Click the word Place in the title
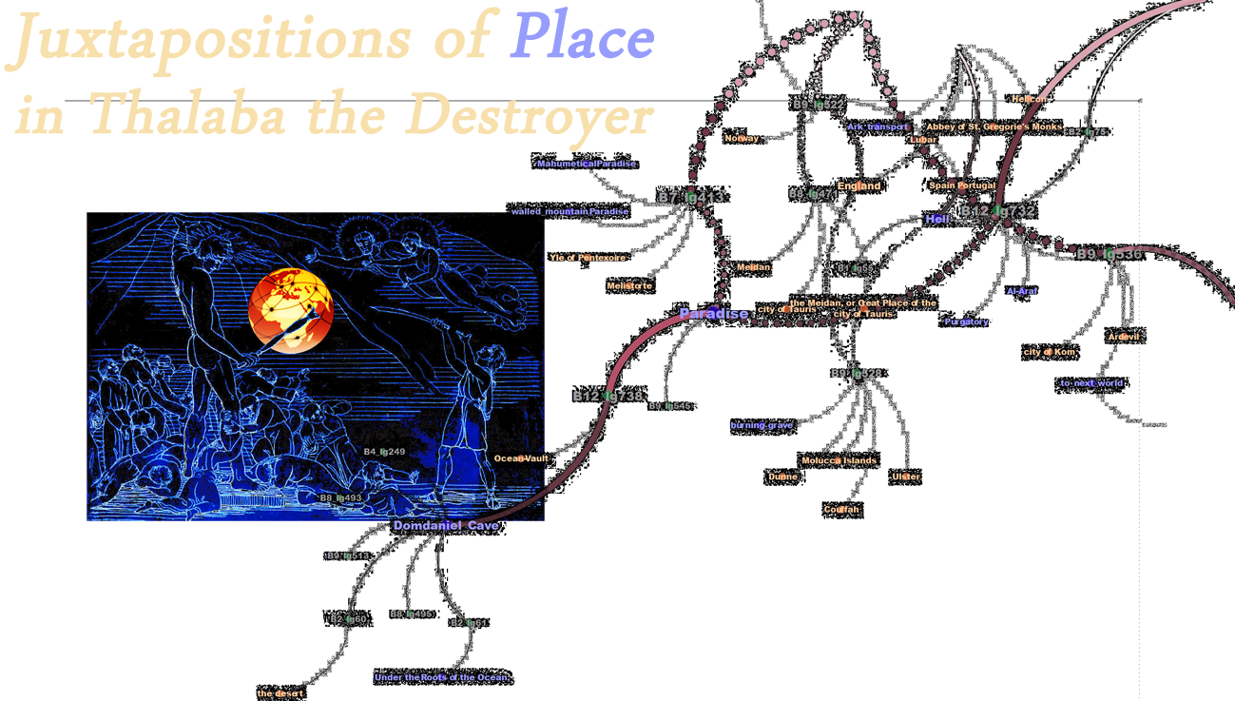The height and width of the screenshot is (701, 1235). [x=583, y=40]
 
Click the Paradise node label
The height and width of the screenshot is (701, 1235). [x=713, y=314]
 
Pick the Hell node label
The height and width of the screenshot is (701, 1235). [x=937, y=220]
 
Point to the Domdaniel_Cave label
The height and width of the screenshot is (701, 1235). [x=446, y=526]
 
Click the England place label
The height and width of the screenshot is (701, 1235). [x=859, y=186]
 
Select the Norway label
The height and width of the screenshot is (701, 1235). [x=742, y=139]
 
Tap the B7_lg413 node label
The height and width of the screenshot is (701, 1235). [x=691, y=198]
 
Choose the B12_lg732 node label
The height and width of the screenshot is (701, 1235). [x=997, y=211]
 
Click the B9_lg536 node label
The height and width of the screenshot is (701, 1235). [x=1109, y=254]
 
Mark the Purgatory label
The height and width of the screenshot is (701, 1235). [x=966, y=321]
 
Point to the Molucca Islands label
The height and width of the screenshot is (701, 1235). [x=839, y=460]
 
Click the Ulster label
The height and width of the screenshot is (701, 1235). [x=906, y=477]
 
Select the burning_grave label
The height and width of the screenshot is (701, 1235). [x=761, y=425]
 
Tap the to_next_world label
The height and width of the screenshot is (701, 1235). [x=1091, y=383]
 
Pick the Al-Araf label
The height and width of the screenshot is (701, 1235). [x=1022, y=291]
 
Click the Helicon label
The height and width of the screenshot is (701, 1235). [x=1029, y=99]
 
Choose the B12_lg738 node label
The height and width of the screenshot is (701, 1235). [x=608, y=397]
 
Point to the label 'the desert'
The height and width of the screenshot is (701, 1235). [x=280, y=693]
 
